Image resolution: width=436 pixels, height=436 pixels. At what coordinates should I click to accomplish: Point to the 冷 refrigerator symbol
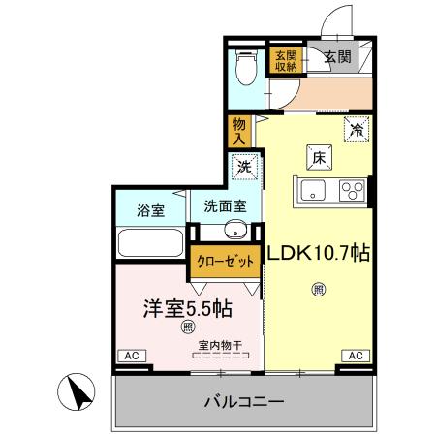[x=357, y=127]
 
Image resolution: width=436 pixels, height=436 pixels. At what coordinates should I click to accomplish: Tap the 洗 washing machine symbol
[x=243, y=167]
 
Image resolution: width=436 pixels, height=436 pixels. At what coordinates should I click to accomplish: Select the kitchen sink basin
[x=316, y=190]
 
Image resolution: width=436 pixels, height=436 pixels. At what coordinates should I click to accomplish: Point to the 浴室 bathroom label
[x=150, y=209]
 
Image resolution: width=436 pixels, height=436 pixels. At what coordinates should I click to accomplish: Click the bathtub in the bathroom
[x=150, y=243]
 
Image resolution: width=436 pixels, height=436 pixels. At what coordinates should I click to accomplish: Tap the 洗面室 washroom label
[x=224, y=207]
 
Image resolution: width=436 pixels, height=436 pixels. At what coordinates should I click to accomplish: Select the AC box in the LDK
[x=354, y=356]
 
